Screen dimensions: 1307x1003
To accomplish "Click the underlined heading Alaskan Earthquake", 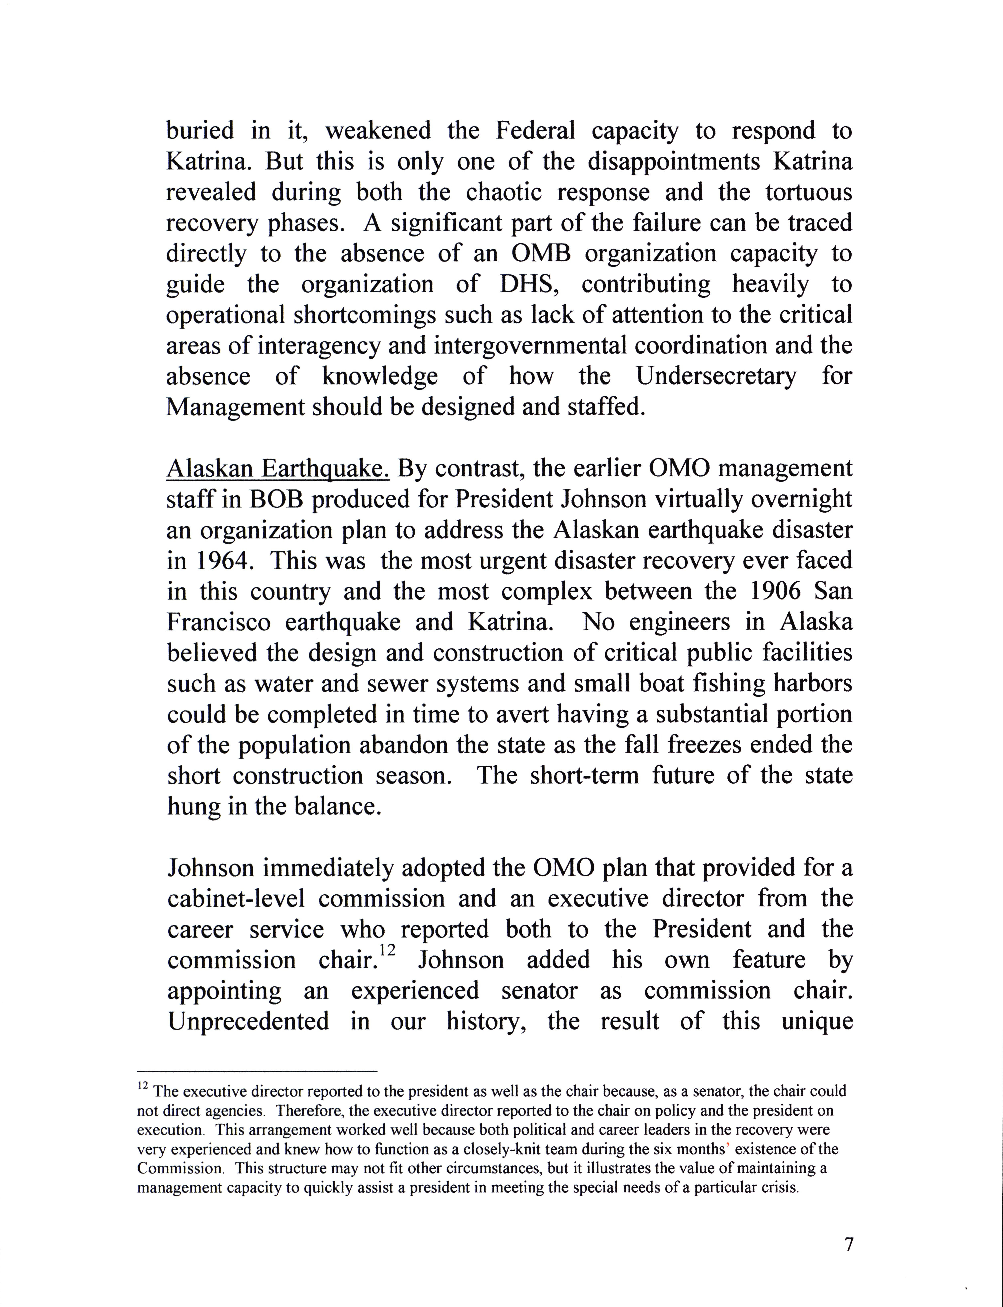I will click(x=278, y=469).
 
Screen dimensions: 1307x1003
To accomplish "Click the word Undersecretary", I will click(x=715, y=376).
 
